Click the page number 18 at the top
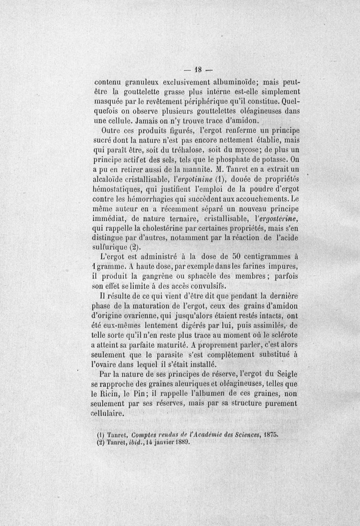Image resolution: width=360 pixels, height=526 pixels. [x=198, y=70]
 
